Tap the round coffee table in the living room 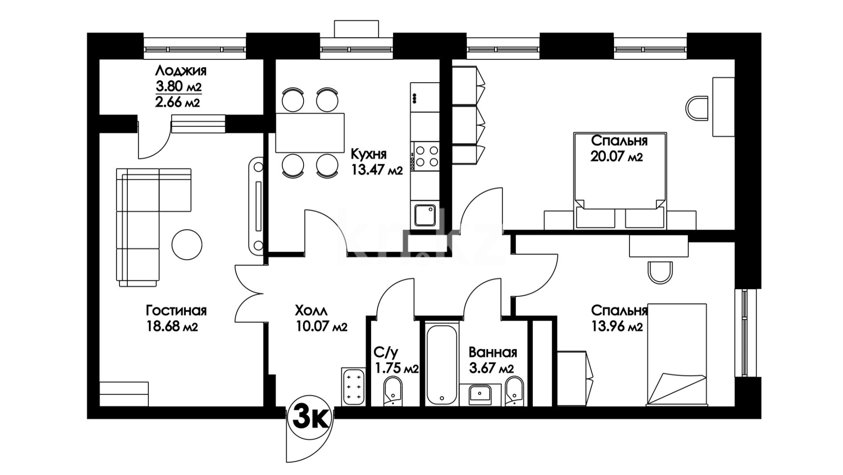(x=187, y=245)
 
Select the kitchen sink (x=424, y=216)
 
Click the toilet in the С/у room (x=392, y=391)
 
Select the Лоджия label (x=181, y=70)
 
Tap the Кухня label (x=369, y=154)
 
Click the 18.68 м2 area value (x=172, y=327)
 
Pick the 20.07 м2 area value (x=616, y=157)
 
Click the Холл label (x=311, y=311)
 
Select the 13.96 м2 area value (x=617, y=327)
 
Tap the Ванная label (x=492, y=352)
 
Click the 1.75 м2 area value (x=396, y=368)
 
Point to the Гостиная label (x=176, y=311)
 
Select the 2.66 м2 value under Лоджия (x=177, y=102)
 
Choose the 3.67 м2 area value (x=491, y=368)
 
